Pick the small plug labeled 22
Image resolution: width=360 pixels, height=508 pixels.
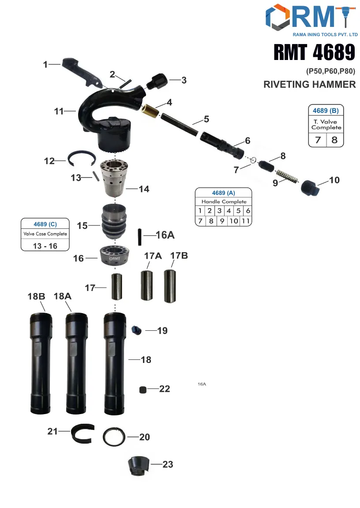pyautogui.click(x=142, y=389)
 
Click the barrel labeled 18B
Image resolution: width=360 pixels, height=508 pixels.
pyautogui.click(x=41, y=362)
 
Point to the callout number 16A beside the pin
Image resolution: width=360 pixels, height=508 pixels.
pyautogui.click(x=165, y=235)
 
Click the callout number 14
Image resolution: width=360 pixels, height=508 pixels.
pyautogui.click(x=144, y=189)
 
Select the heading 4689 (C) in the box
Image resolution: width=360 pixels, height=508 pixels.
pyautogui.click(x=45, y=224)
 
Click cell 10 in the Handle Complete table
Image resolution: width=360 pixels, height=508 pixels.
pyautogui.click(x=233, y=221)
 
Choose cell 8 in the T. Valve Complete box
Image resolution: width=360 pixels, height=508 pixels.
pyautogui.click(x=335, y=140)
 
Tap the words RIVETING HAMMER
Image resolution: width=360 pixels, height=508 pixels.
pyautogui.click(x=309, y=85)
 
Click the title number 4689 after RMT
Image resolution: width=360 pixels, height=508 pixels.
pyautogui.click(x=334, y=52)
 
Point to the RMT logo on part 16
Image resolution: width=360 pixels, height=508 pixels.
pyautogui.click(x=115, y=259)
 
